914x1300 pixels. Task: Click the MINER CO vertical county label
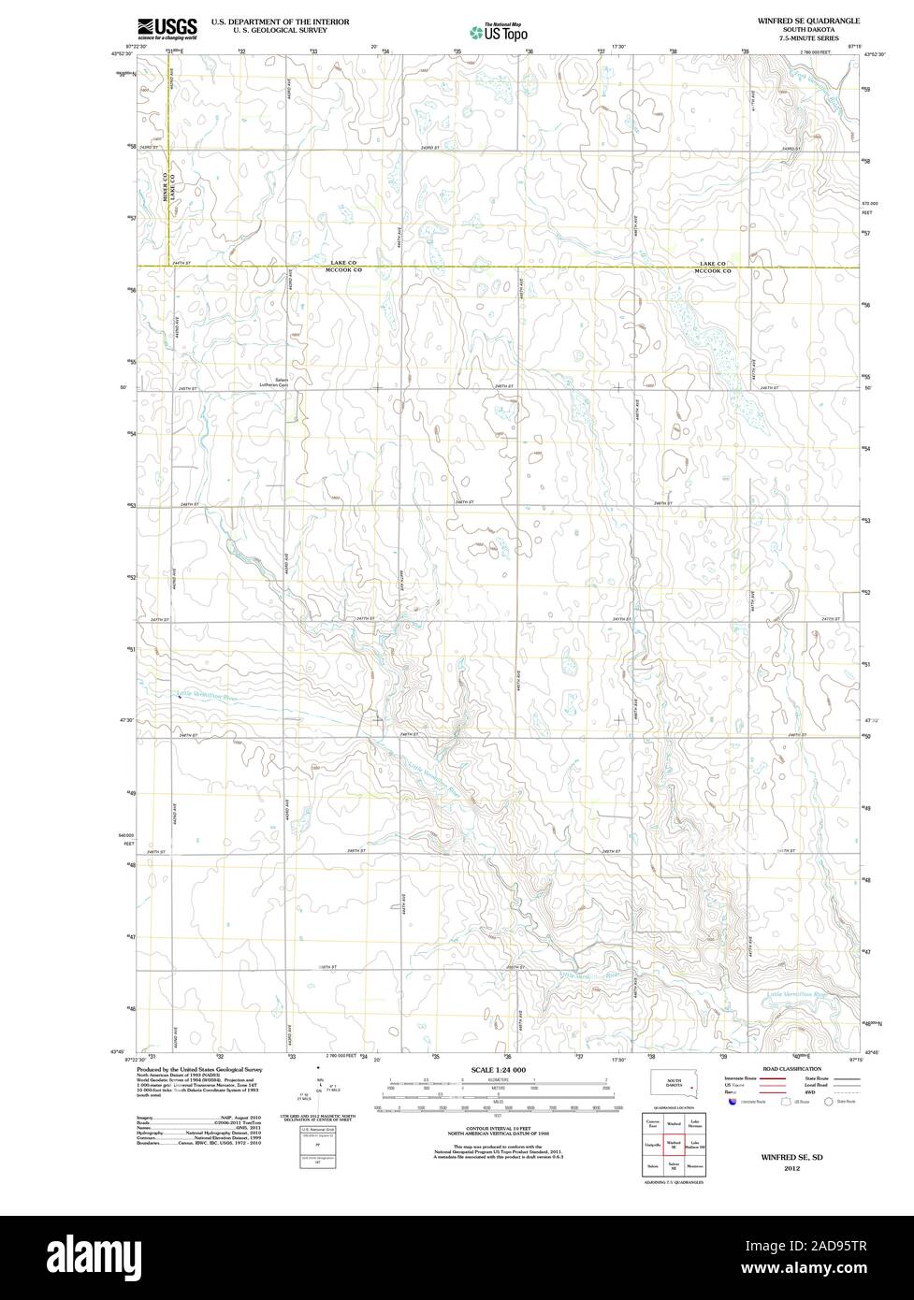click(x=164, y=188)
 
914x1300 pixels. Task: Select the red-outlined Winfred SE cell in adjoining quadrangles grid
click(x=673, y=1144)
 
